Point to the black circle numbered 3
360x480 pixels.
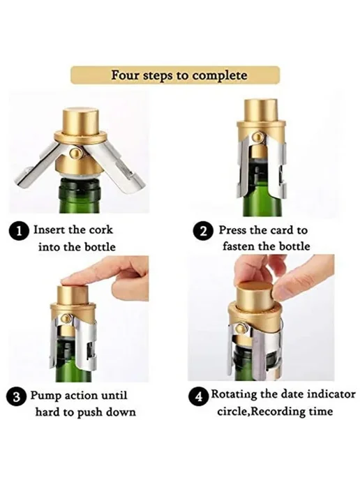pyautogui.click(x=17, y=397)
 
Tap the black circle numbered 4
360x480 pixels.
pyautogui.click(x=199, y=396)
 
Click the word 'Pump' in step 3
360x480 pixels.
pyautogui.click(x=45, y=396)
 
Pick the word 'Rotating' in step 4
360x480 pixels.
pyautogui.click(x=234, y=394)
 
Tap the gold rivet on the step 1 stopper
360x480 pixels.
pyautogui.click(x=75, y=152)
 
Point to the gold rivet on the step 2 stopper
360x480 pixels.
pyautogui.click(x=260, y=136)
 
